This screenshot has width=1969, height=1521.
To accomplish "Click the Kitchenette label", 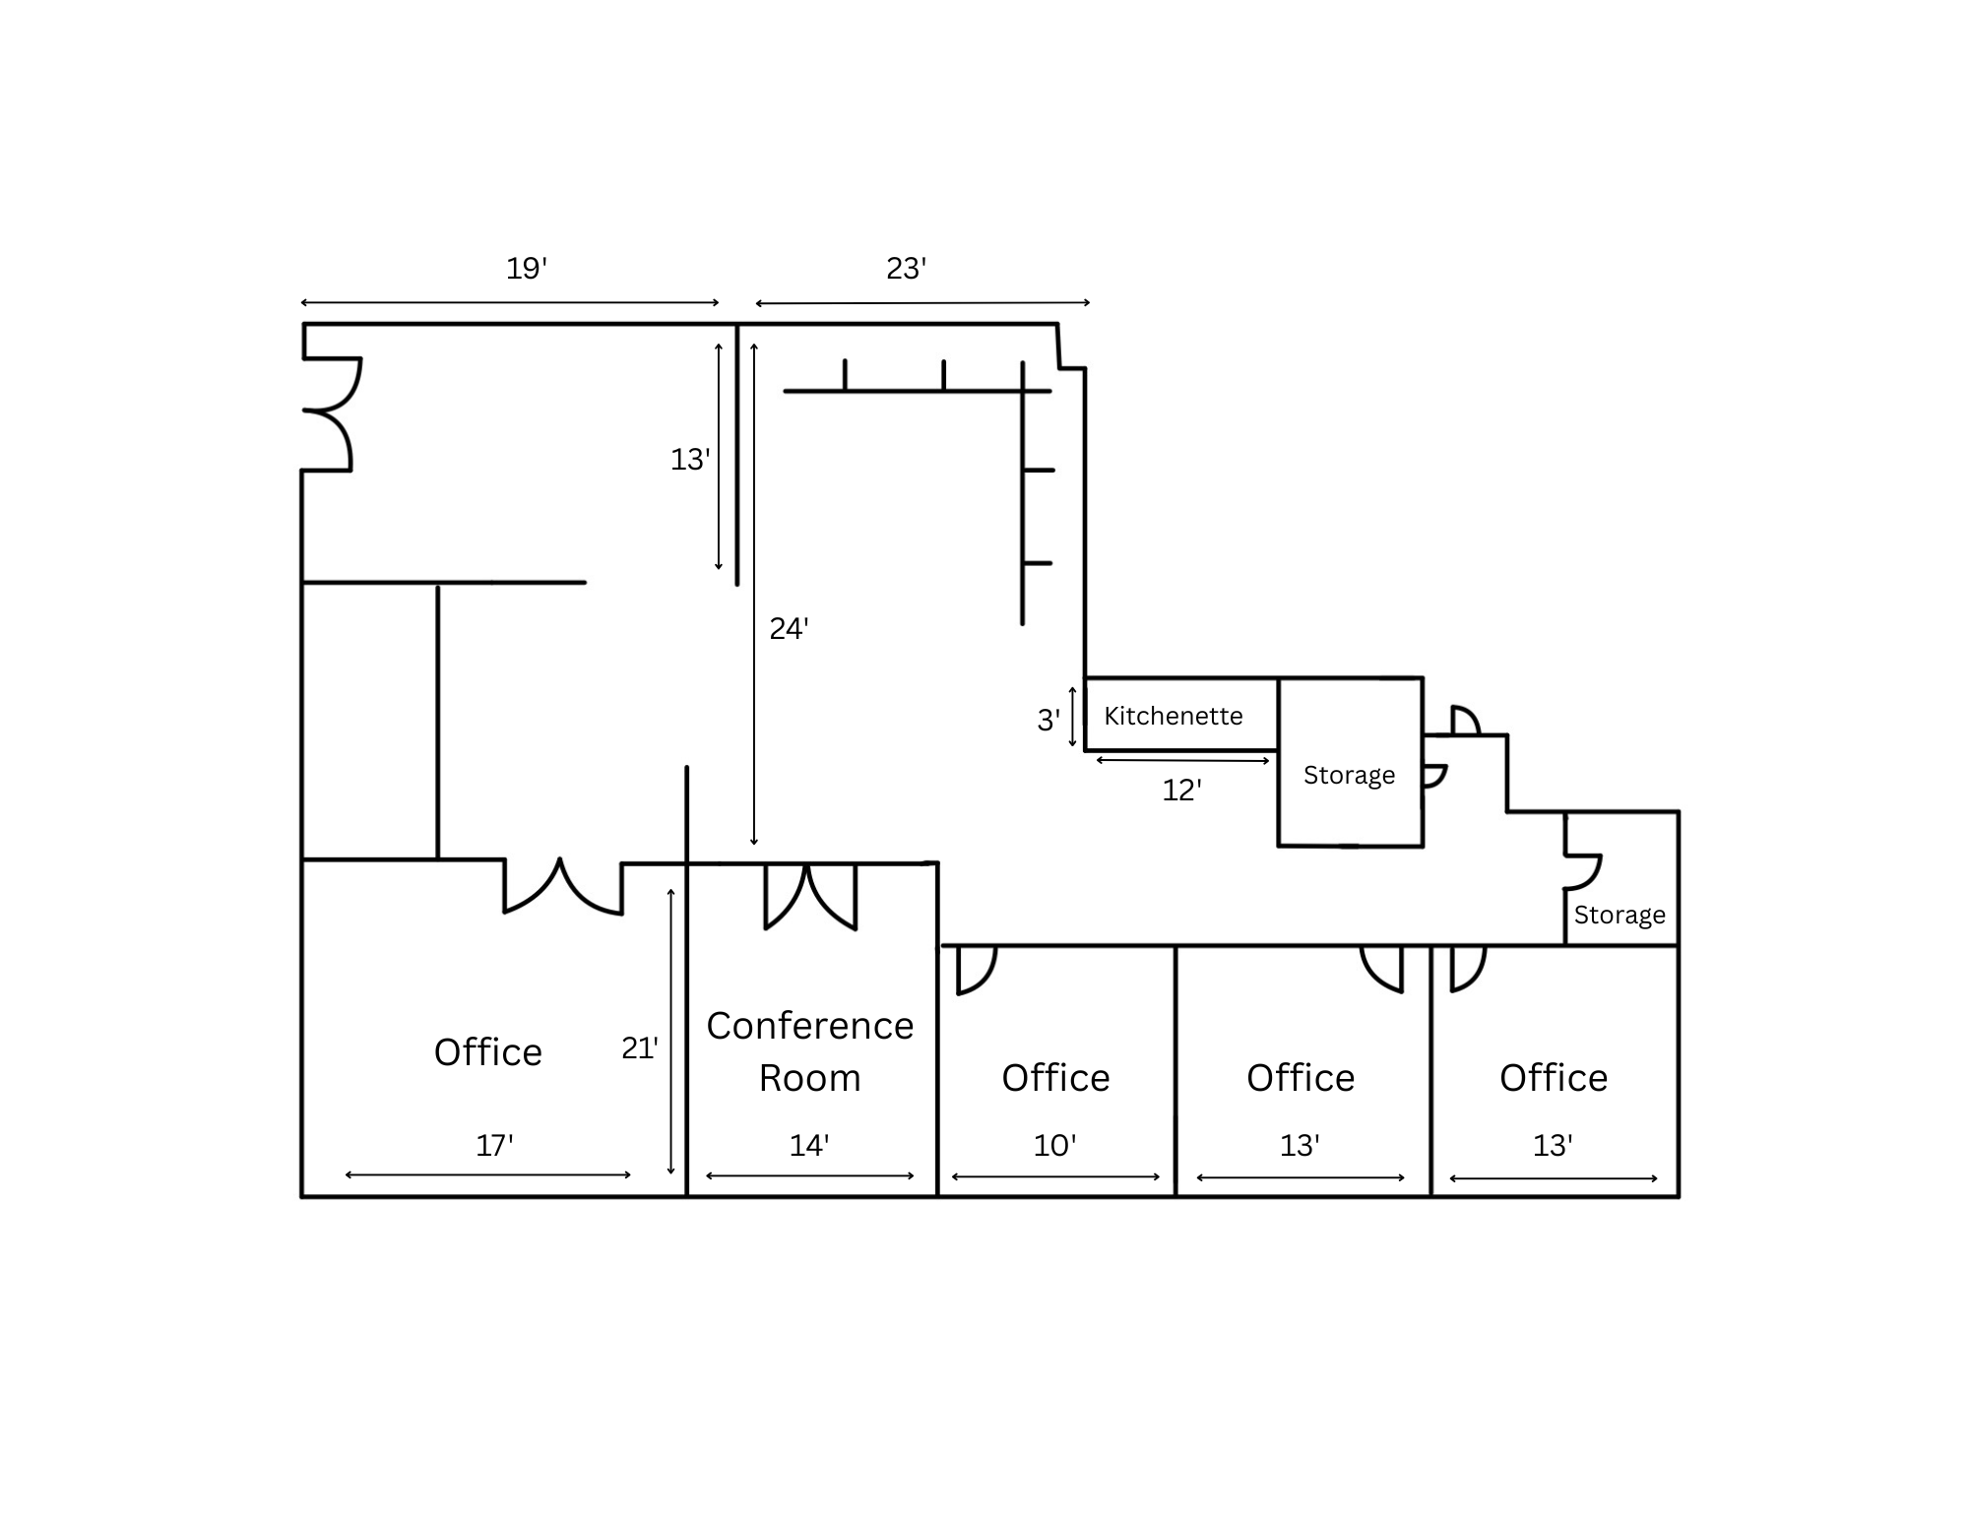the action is (x=1173, y=716).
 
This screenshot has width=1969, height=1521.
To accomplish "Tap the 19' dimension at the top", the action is (x=527, y=268).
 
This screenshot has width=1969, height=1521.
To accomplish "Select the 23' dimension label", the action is (x=907, y=268).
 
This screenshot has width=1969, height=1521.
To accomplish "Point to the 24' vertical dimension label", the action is (x=790, y=628).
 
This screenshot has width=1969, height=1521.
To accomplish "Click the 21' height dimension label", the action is (x=640, y=1047).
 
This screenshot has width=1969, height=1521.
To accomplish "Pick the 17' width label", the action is (x=495, y=1145).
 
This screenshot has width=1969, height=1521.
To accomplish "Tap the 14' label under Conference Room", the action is (x=809, y=1145).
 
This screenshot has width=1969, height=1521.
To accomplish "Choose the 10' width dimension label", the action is (x=1055, y=1145).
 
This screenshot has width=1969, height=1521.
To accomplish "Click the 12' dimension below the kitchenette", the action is (x=1182, y=790).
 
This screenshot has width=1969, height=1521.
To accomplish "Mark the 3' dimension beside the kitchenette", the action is (x=1049, y=721).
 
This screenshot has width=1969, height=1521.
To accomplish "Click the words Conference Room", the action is (x=810, y=1051).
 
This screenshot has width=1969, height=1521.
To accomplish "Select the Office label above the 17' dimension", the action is (x=488, y=1052).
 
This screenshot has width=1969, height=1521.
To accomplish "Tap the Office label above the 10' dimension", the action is (x=1056, y=1078).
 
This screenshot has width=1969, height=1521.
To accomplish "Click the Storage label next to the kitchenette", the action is (x=1350, y=776).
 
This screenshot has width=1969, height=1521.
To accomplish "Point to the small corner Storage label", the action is (x=1620, y=916).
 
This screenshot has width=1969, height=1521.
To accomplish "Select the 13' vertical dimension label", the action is (x=690, y=460).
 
